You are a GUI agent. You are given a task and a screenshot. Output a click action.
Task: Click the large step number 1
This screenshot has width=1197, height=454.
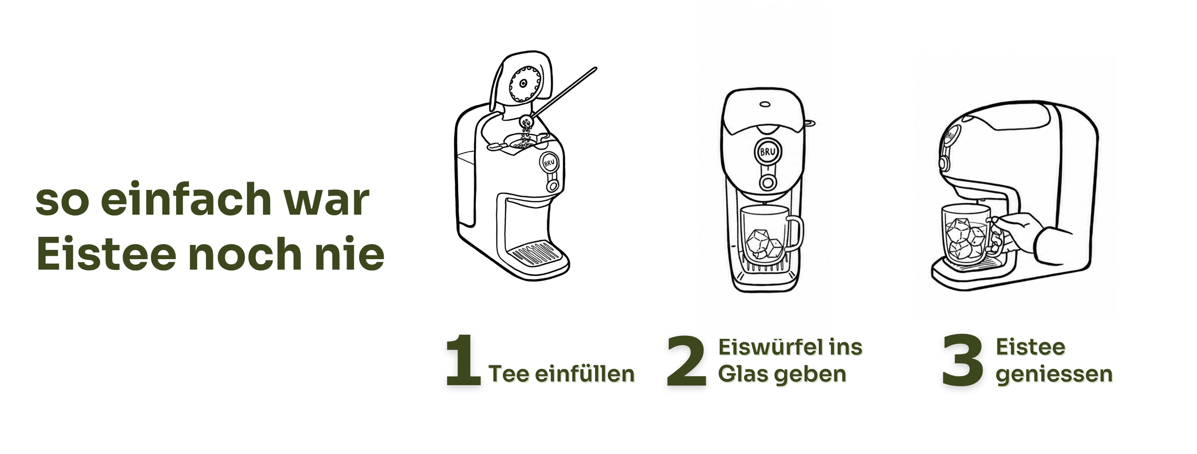(x=463, y=360)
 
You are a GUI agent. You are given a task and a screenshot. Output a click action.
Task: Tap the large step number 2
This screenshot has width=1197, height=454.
(x=686, y=360)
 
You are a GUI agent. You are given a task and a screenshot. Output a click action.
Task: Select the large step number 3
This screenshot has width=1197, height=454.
(x=963, y=360)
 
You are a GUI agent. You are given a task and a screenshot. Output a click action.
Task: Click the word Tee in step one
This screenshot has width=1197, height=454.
(x=509, y=374)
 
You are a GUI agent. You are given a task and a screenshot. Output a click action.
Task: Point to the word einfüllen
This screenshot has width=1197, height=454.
(x=585, y=373)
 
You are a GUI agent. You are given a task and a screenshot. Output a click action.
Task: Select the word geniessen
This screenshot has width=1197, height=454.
(x=1054, y=375)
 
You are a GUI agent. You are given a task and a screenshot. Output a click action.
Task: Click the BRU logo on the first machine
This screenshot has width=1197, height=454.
(x=549, y=162)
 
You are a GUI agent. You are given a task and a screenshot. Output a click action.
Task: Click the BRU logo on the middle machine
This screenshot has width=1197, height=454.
(x=767, y=151)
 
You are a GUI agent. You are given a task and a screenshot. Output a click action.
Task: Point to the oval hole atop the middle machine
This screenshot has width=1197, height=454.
(x=765, y=105)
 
